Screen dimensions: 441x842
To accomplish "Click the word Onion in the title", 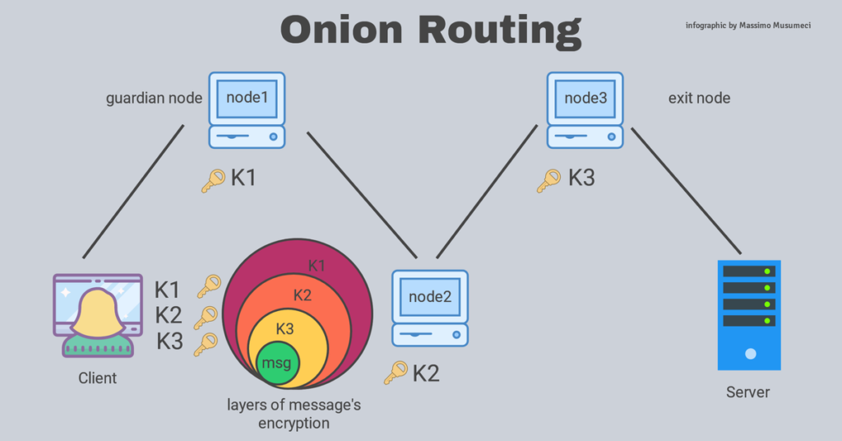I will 341,30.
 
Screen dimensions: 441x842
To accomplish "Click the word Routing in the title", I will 498,30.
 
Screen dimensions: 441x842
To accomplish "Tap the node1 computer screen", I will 247,97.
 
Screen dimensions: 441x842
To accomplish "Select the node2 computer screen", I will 430,295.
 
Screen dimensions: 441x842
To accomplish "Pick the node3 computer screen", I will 585,97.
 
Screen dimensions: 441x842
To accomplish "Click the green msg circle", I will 278,362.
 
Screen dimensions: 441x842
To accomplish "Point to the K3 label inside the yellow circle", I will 285,328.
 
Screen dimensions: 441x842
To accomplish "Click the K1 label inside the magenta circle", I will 317,266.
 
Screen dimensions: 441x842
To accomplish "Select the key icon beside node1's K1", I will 213,180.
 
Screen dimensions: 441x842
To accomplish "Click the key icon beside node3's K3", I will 548,180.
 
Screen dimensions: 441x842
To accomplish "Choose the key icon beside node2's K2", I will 396,373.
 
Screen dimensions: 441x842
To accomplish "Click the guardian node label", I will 154,99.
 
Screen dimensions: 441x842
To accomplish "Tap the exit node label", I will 699,99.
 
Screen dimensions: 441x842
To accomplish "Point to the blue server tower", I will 748,314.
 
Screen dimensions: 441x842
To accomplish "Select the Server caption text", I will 748,392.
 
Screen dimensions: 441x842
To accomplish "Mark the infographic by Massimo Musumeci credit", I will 747,26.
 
